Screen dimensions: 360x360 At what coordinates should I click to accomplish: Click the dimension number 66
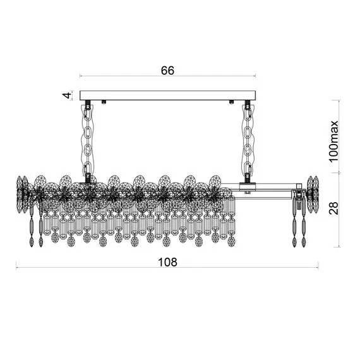(167, 71)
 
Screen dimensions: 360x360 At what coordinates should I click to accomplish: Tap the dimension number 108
(168, 262)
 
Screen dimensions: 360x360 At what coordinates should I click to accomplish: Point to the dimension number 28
(333, 208)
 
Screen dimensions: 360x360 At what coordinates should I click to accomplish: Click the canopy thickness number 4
(67, 95)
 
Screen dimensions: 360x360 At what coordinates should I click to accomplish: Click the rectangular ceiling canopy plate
(167, 95)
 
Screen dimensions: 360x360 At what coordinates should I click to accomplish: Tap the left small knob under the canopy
(104, 102)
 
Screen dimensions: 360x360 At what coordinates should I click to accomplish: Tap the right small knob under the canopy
(231, 102)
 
